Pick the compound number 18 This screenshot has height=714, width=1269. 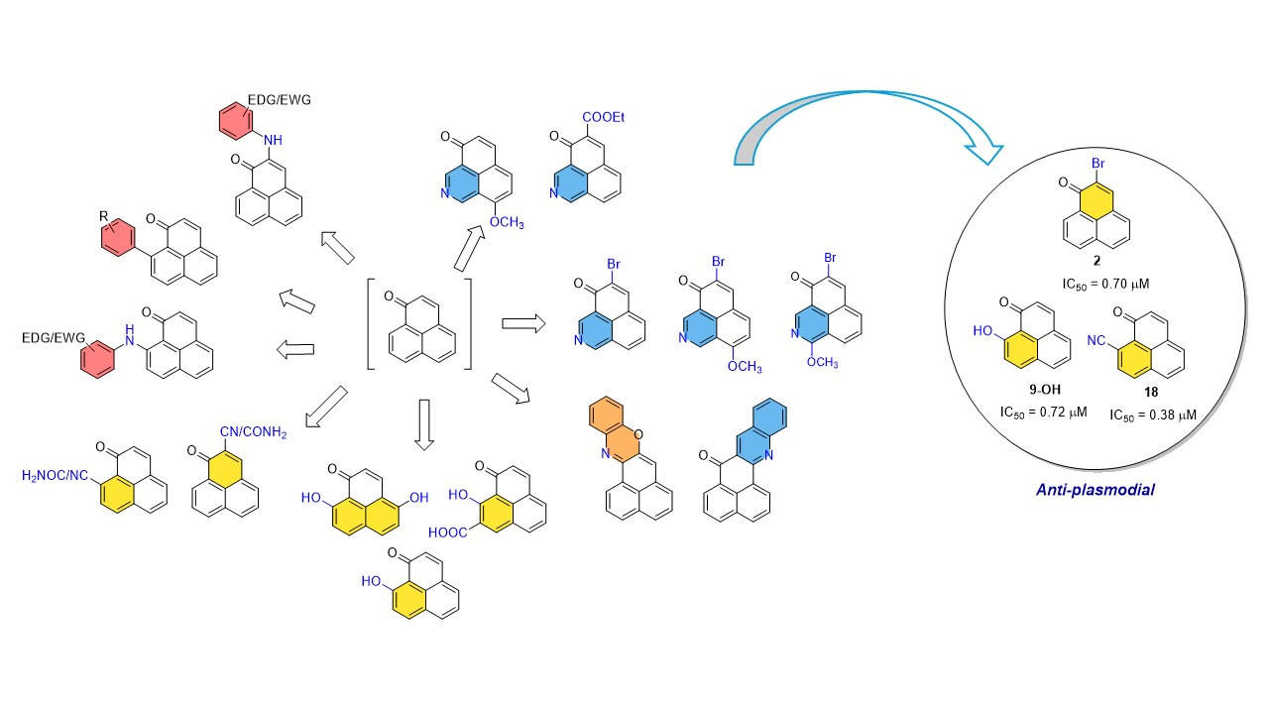[1152, 391]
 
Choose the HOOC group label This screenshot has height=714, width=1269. [447, 533]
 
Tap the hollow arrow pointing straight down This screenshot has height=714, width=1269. [423, 424]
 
